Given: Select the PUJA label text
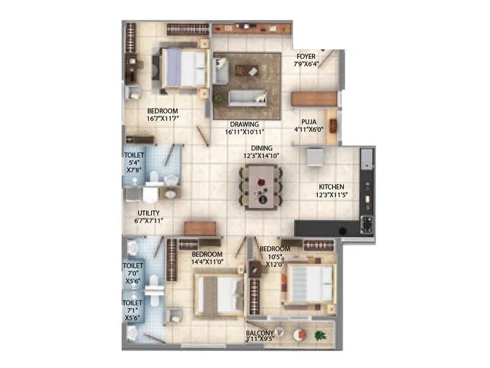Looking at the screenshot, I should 308,121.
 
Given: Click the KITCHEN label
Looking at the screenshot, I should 331,187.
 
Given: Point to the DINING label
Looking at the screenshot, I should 261,148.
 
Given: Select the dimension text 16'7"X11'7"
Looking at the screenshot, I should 162,118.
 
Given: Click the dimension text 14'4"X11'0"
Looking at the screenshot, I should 206,261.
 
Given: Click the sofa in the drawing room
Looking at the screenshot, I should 247,97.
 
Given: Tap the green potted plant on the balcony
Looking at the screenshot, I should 319,335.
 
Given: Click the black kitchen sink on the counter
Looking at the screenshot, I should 343,230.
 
